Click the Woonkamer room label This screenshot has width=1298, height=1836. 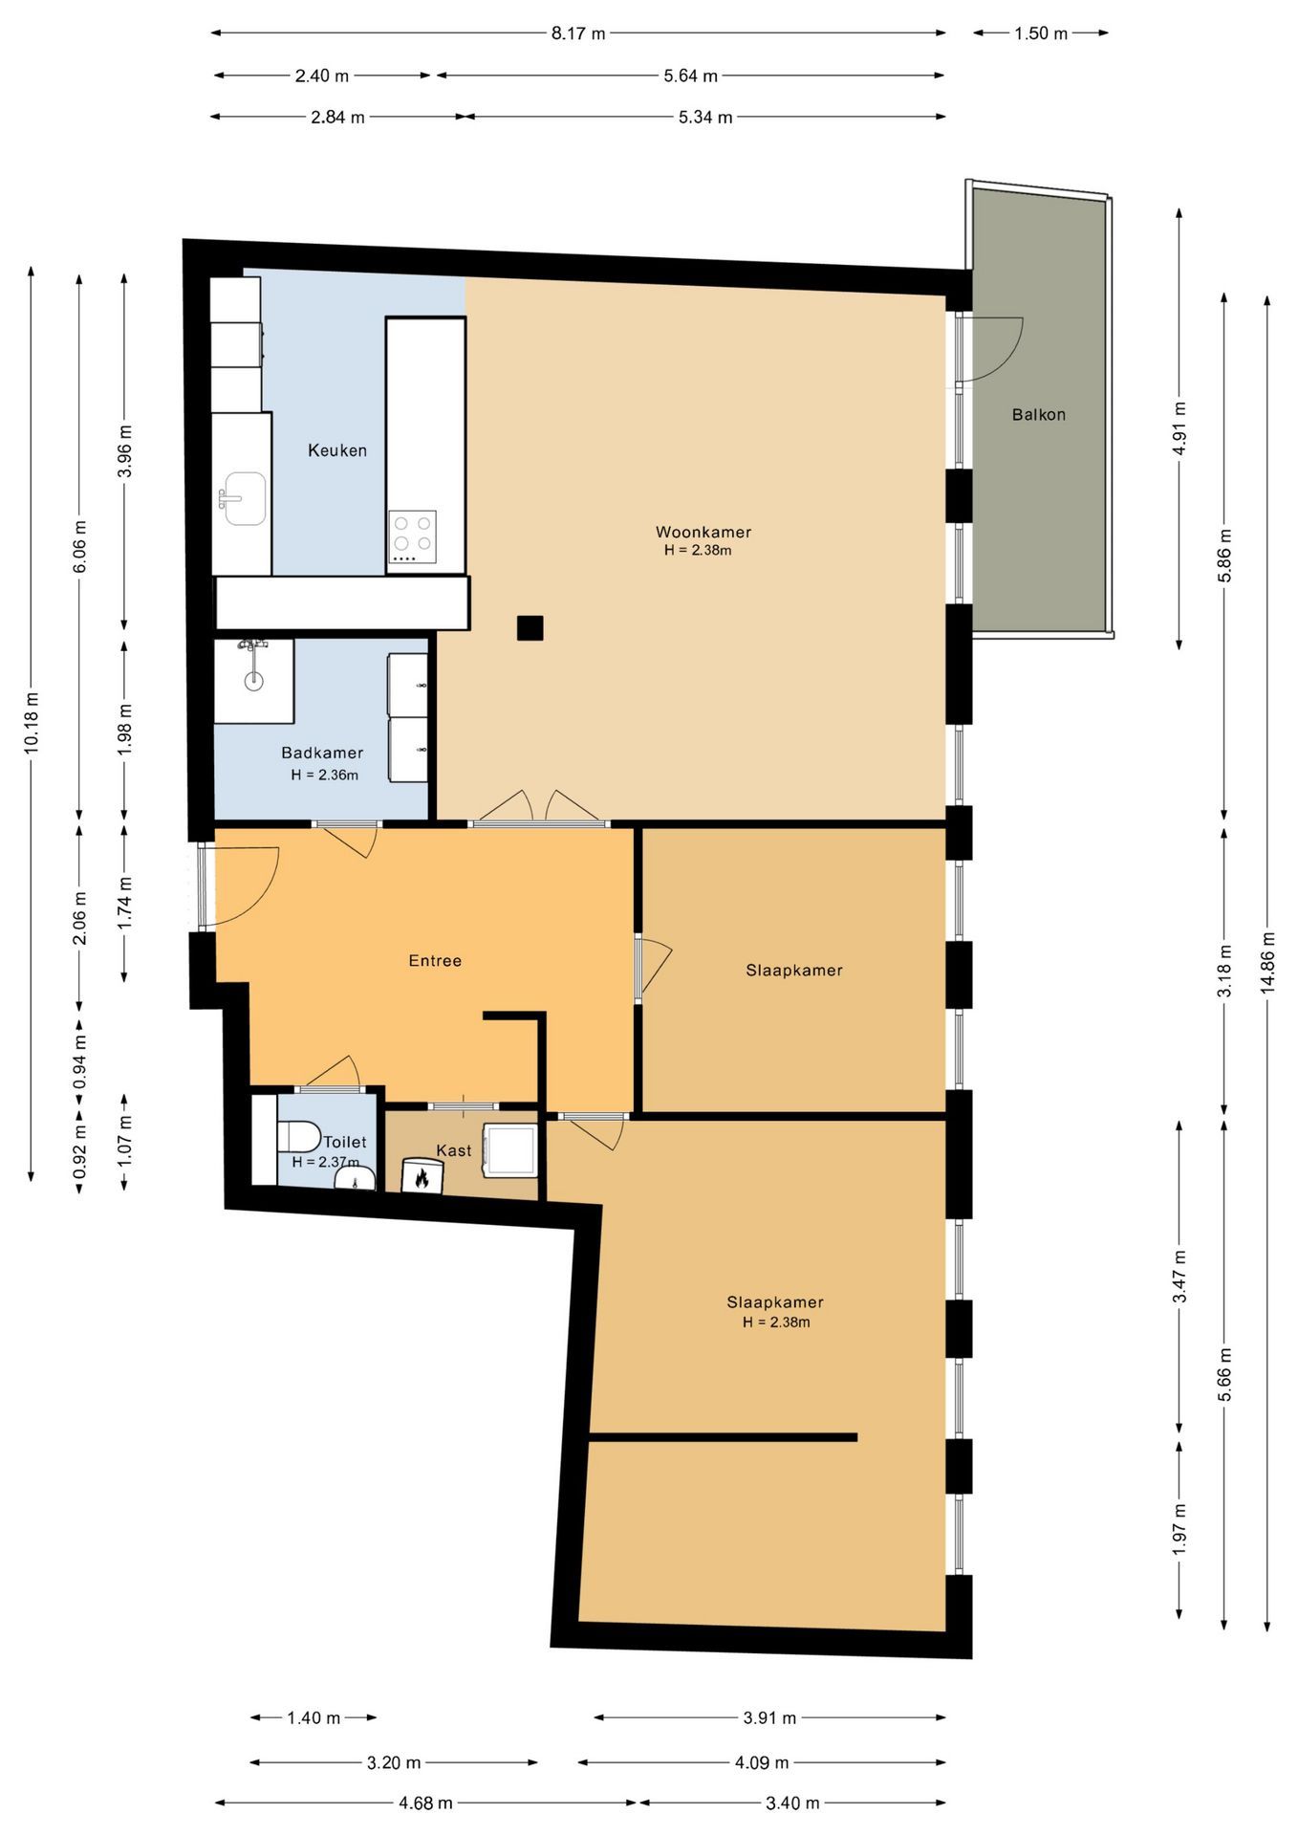[x=703, y=532]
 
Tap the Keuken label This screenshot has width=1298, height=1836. [x=337, y=450]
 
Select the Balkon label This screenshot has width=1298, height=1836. [x=1039, y=415]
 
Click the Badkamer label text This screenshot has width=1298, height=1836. [x=322, y=753]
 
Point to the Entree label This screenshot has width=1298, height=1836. [x=435, y=961]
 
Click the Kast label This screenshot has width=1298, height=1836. [x=454, y=1150]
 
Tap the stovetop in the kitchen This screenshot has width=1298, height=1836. [x=413, y=536]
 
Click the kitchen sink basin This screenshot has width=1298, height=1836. [x=246, y=498]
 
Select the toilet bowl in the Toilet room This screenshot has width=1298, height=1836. [x=298, y=1137]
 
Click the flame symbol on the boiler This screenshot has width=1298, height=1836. [x=422, y=1178]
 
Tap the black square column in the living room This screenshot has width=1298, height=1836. [x=530, y=628]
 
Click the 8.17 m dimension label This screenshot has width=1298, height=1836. [x=578, y=33]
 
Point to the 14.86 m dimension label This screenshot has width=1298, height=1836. [x=1267, y=963]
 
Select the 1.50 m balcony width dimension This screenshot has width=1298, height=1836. [x=1041, y=33]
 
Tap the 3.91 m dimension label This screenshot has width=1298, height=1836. [x=770, y=1718]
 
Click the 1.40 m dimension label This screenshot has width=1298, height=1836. [x=314, y=1718]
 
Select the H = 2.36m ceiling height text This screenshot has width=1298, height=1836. [x=325, y=775]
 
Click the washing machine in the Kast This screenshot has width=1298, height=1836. [x=511, y=1150]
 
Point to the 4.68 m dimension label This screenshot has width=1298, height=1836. [x=426, y=1803]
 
